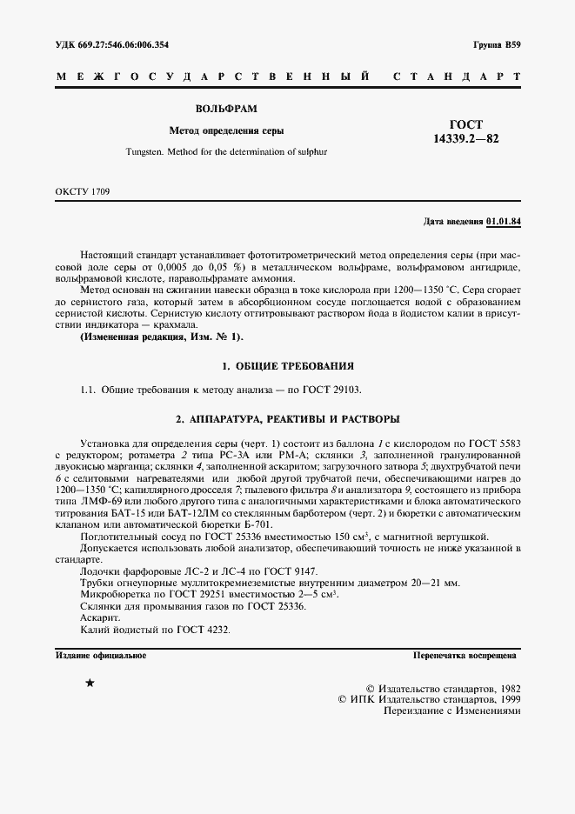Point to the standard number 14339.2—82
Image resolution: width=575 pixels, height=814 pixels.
pos(465,139)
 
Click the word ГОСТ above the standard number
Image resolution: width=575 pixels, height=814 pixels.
pos(465,124)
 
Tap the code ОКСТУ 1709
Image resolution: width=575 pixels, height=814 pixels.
pos(82,190)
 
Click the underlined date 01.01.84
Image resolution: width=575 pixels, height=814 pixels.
pos(504,223)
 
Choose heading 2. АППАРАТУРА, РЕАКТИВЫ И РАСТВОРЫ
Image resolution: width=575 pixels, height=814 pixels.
pos(287,418)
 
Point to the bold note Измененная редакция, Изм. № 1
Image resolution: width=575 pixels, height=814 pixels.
pos(162,337)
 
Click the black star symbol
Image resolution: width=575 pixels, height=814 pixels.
pos(90,684)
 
